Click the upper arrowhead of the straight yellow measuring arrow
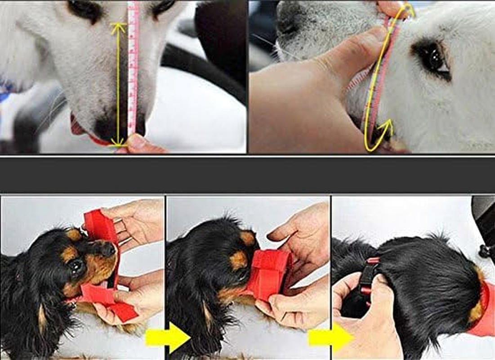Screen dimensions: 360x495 tap(118, 26)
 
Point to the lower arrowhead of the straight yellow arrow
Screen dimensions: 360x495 tap(118, 144)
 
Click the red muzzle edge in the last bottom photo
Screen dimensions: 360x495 tap(486, 310)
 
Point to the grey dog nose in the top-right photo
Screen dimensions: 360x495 tap(288, 20)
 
